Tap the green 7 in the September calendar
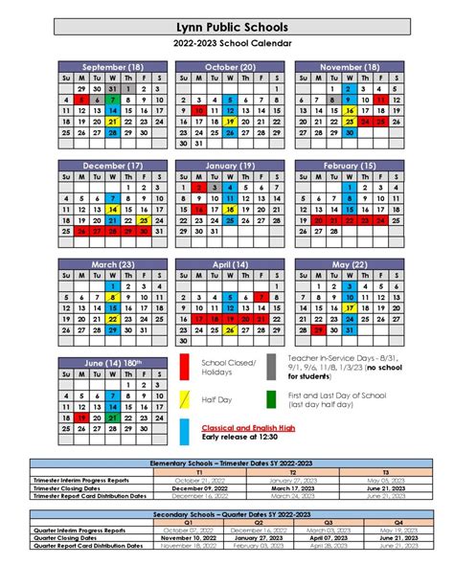(113, 100)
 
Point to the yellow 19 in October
(230, 123)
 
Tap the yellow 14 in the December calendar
(113, 209)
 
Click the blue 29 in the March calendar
(113, 330)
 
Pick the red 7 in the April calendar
(261, 297)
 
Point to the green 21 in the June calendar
(113, 418)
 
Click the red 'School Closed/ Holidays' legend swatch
(183, 368)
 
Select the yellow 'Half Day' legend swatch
(183, 401)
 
